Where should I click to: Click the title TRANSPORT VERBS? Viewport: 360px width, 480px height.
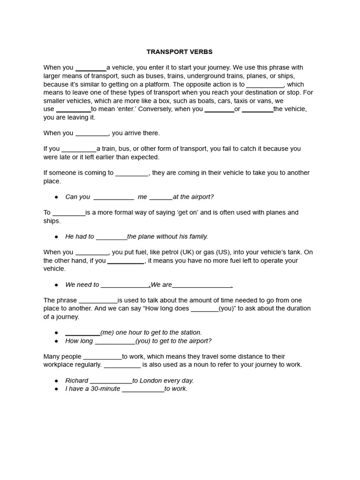180,52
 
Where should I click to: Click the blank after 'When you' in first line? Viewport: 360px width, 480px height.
90,68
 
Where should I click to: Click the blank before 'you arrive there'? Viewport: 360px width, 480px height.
91,133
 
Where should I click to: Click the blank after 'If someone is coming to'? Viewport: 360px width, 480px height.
132,173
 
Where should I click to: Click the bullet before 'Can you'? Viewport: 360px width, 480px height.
57,197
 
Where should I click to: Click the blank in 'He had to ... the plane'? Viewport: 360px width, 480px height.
111,237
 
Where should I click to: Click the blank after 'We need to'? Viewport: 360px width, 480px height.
125,285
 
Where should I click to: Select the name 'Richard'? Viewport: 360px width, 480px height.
76,381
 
